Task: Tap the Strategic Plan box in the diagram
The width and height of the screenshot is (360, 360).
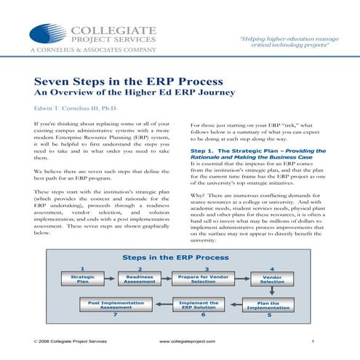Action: pos(78,279)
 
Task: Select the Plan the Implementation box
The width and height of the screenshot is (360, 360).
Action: pos(268,305)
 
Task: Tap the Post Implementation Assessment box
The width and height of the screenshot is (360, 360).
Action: pos(114,305)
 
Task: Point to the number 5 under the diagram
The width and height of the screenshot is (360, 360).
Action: pos(268,316)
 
